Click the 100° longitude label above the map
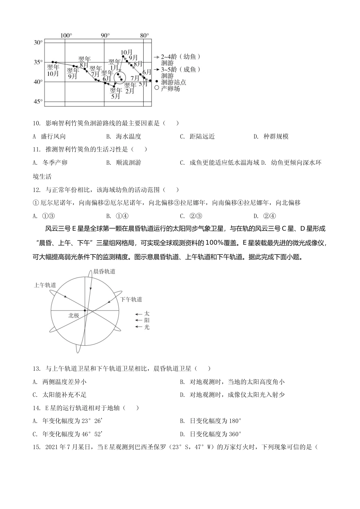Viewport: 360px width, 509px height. click(x=66, y=35)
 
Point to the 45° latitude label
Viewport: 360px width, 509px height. click(x=38, y=101)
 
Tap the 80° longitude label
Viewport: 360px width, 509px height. click(x=144, y=35)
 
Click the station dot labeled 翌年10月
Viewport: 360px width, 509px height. click(x=53, y=62)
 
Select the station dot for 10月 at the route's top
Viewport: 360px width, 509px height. click(x=123, y=57)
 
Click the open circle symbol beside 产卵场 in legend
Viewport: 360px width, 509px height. click(x=157, y=88)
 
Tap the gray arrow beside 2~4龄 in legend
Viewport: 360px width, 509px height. click(x=156, y=57)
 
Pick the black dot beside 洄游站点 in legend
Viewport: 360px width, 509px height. click(x=157, y=81)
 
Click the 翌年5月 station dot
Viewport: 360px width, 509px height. click(x=114, y=86)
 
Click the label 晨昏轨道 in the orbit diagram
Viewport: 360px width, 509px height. click(x=104, y=271)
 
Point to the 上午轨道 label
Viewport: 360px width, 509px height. click(x=45, y=285)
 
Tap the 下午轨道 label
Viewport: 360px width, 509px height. click(x=131, y=299)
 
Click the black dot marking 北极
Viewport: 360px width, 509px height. click(x=85, y=311)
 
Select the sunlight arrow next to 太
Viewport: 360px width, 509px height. click(x=138, y=314)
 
